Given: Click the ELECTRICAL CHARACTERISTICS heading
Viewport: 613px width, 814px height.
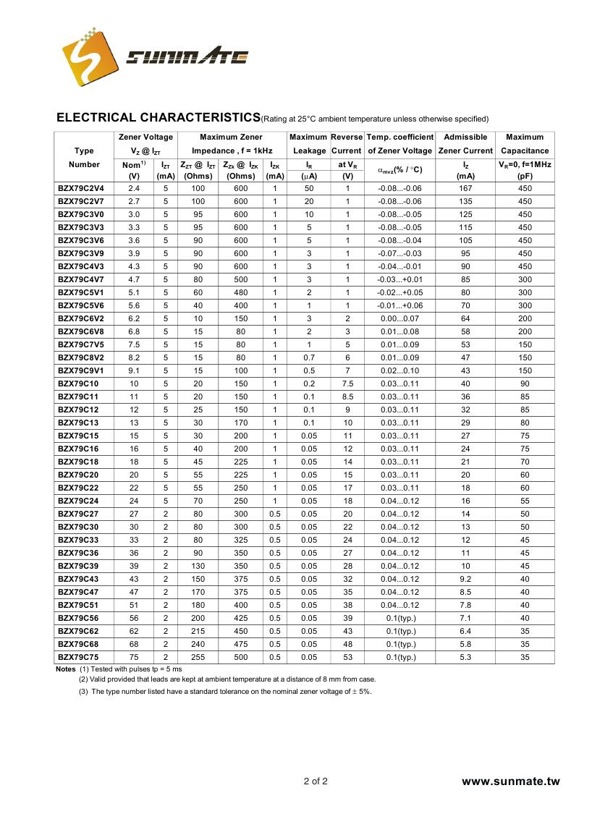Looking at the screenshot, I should click(158, 117).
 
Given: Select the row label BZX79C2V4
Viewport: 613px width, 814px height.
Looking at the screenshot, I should click(81, 188).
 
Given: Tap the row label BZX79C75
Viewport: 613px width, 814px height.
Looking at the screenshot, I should click(79, 657).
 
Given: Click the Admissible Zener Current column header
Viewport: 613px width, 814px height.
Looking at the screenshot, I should click(465, 143).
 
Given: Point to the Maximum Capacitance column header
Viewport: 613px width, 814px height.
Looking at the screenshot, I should click(525, 143).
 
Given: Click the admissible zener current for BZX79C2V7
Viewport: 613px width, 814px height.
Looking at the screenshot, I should click(465, 201).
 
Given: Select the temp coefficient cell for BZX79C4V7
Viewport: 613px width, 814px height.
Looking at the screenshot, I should click(399, 279).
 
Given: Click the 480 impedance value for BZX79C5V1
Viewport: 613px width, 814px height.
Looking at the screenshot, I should click(241, 292).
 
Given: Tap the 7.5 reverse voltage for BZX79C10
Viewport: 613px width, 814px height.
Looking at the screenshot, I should click(347, 383).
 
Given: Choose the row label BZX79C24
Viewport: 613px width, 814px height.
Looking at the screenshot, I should click(78, 501).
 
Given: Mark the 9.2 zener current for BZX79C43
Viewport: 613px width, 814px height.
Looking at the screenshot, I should click(465, 579).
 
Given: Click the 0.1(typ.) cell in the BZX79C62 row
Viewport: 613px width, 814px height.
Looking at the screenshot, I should click(399, 631).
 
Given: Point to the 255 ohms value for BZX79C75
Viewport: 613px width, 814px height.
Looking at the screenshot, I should click(198, 657).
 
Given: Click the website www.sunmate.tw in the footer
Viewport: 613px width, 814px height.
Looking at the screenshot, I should click(511, 781).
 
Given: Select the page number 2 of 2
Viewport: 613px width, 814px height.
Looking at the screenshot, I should click(316, 781).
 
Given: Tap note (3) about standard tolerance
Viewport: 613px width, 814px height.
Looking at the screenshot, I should click(225, 691).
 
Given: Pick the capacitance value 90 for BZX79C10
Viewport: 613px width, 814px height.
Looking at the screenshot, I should click(525, 383).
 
